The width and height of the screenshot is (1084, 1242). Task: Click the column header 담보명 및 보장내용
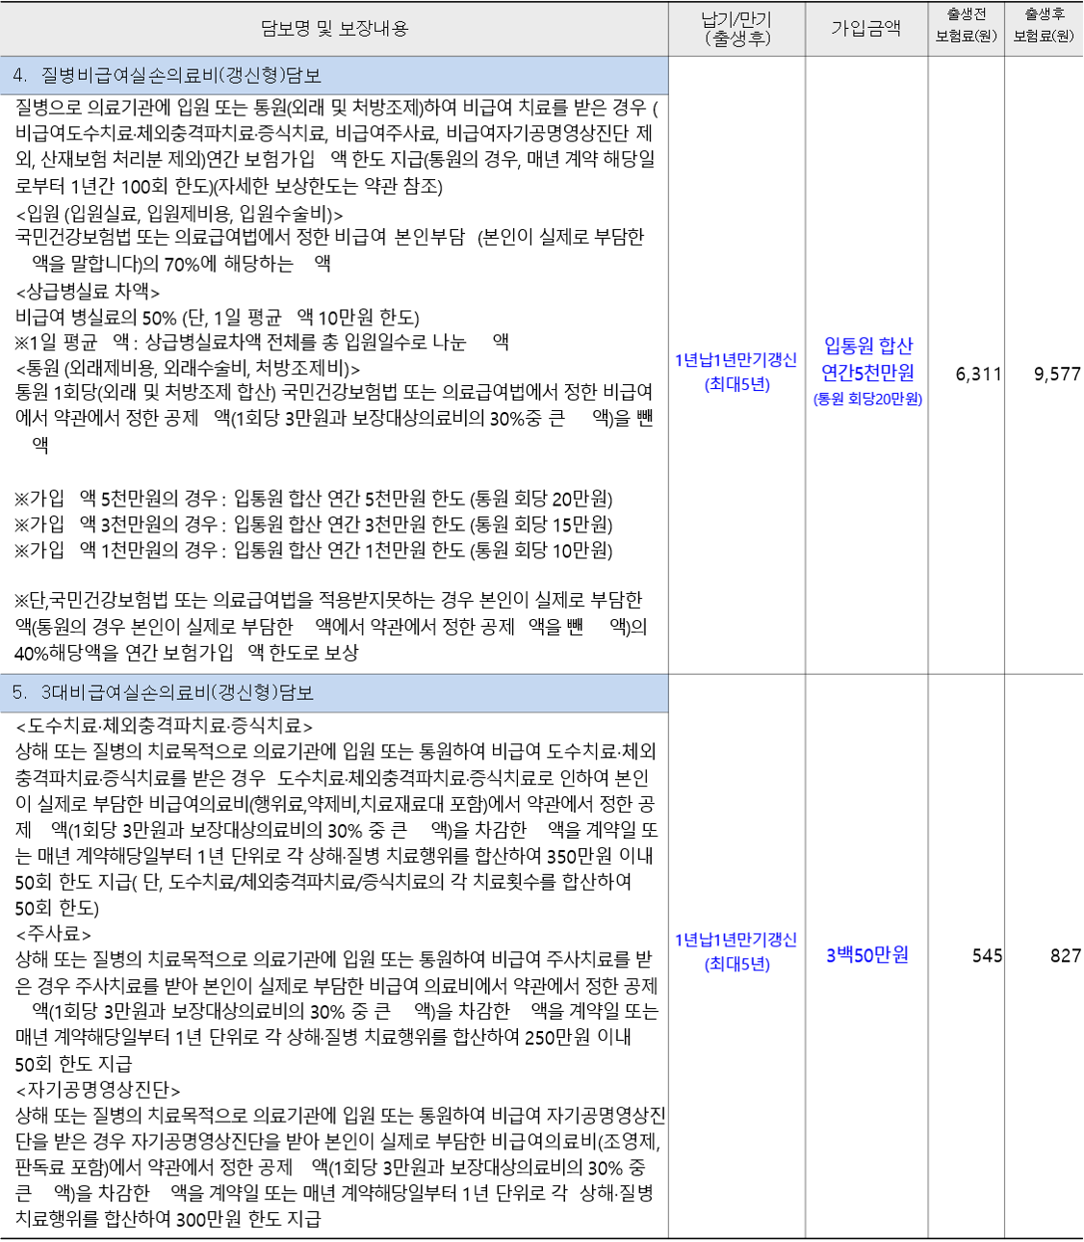coord(334,29)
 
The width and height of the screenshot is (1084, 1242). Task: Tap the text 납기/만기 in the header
coord(736,19)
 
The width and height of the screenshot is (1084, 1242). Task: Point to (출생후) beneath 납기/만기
coord(737,39)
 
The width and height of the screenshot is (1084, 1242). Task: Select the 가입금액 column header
coord(865,29)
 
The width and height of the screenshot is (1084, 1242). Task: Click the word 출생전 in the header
coord(966,14)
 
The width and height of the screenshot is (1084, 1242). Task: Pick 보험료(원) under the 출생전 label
coord(966,37)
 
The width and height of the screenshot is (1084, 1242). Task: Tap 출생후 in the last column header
coord(1044,14)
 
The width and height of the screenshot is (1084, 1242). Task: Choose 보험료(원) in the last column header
coord(1044,37)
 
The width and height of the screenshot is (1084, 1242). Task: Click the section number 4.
coord(20,75)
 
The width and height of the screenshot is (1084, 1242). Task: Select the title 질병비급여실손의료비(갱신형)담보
coord(181,75)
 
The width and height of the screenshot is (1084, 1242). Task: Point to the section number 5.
coord(19,693)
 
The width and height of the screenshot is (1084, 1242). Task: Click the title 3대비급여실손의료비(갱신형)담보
coord(177,693)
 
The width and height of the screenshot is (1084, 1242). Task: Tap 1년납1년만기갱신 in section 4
coord(736,360)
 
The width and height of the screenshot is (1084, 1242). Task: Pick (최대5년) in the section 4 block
coord(736,385)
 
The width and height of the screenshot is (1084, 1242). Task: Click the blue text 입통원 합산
coord(868,346)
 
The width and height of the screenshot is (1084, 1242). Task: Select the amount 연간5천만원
coord(868,373)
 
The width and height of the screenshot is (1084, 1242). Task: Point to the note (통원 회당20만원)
coord(868,400)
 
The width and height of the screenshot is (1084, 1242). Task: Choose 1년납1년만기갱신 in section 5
coord(736,940)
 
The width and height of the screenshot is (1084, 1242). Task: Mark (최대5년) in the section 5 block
coord(736,965)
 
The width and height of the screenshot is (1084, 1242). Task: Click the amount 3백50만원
coord(867,955)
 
